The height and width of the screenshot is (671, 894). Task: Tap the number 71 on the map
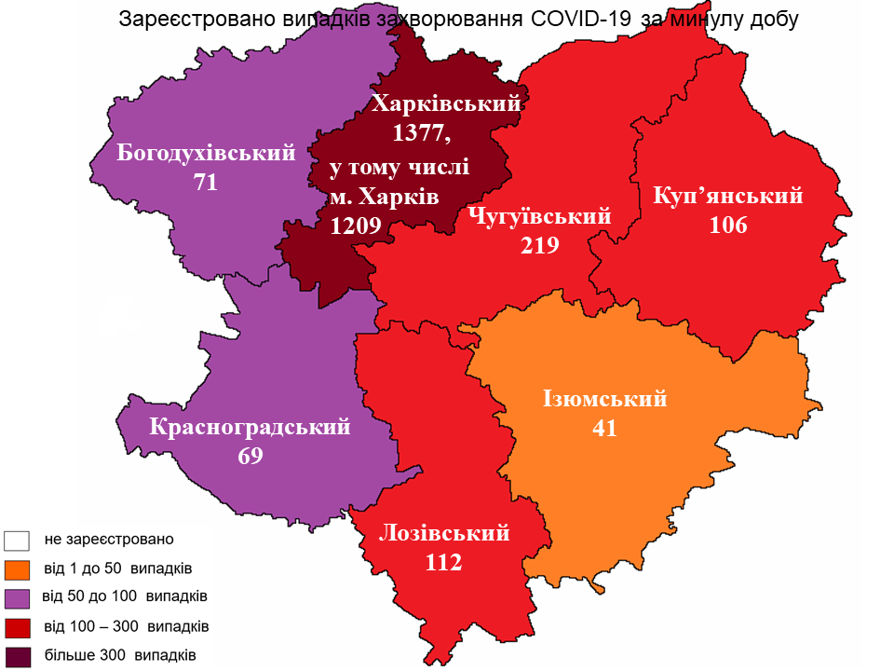pyautogui.click(x=206, y=182)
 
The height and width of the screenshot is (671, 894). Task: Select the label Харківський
pyautogui.click(x=445, y=104)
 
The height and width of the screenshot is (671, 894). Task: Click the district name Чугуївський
pyautogui.click(x=540, y=217)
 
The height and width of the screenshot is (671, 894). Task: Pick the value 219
pyautogui.click(x=540, y=245)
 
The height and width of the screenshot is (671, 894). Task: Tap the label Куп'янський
pyautogui.click(x=728, y=197)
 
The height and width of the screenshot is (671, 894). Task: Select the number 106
pyautogui.click(x=728, y=225)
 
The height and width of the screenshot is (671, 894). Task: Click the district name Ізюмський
pyautogui.click(x=605, y=399)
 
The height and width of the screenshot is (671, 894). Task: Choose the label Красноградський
pyautogui.click(x=251, y=428)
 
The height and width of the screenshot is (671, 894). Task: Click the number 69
pyautogui.click(x=251, y=456)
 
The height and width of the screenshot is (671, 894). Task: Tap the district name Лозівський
pyautogui.click(x=444, y=534)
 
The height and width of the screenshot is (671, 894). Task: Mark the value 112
pyautogui.click(x=444, y=562)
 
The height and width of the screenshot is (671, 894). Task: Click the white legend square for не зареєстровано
pyautogui.click(x=18, y=540)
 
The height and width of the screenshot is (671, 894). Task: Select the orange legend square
pyautogui.click(x=18, y=568)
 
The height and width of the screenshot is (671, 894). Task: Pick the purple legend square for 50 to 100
pyautogui.click(x=18, y=596)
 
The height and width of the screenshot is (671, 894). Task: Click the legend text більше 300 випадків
pyautogui.click(x=119, y=654)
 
